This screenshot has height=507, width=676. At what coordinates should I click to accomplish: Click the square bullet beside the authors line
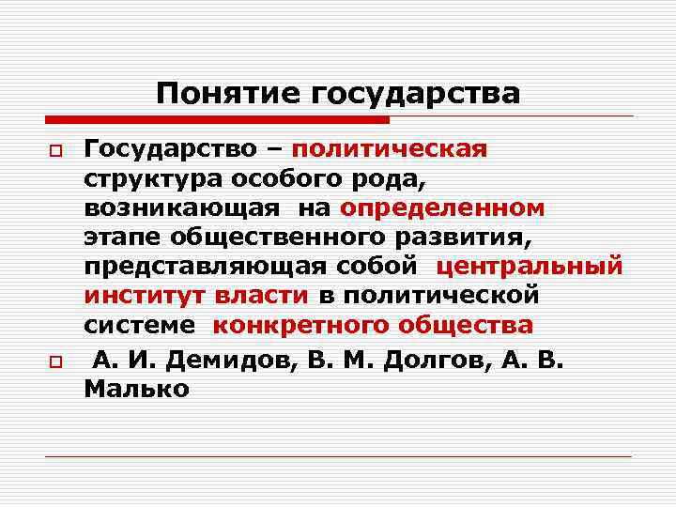click(56, 360)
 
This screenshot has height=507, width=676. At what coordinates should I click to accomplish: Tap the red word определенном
click(443, 207)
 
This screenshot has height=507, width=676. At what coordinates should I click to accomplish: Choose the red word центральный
click(530, 267)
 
